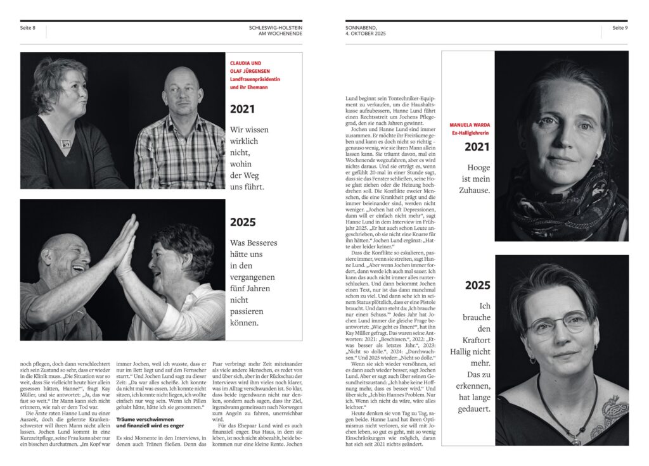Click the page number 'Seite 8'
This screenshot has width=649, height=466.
point(28,28)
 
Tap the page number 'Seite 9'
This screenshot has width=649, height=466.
point(619,28)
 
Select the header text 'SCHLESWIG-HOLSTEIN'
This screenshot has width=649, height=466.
point(276,28)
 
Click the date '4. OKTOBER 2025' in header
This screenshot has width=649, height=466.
point(365,33)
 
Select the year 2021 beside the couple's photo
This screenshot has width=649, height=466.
point(242,109)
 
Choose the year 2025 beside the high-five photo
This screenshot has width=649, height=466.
point(243,222)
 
